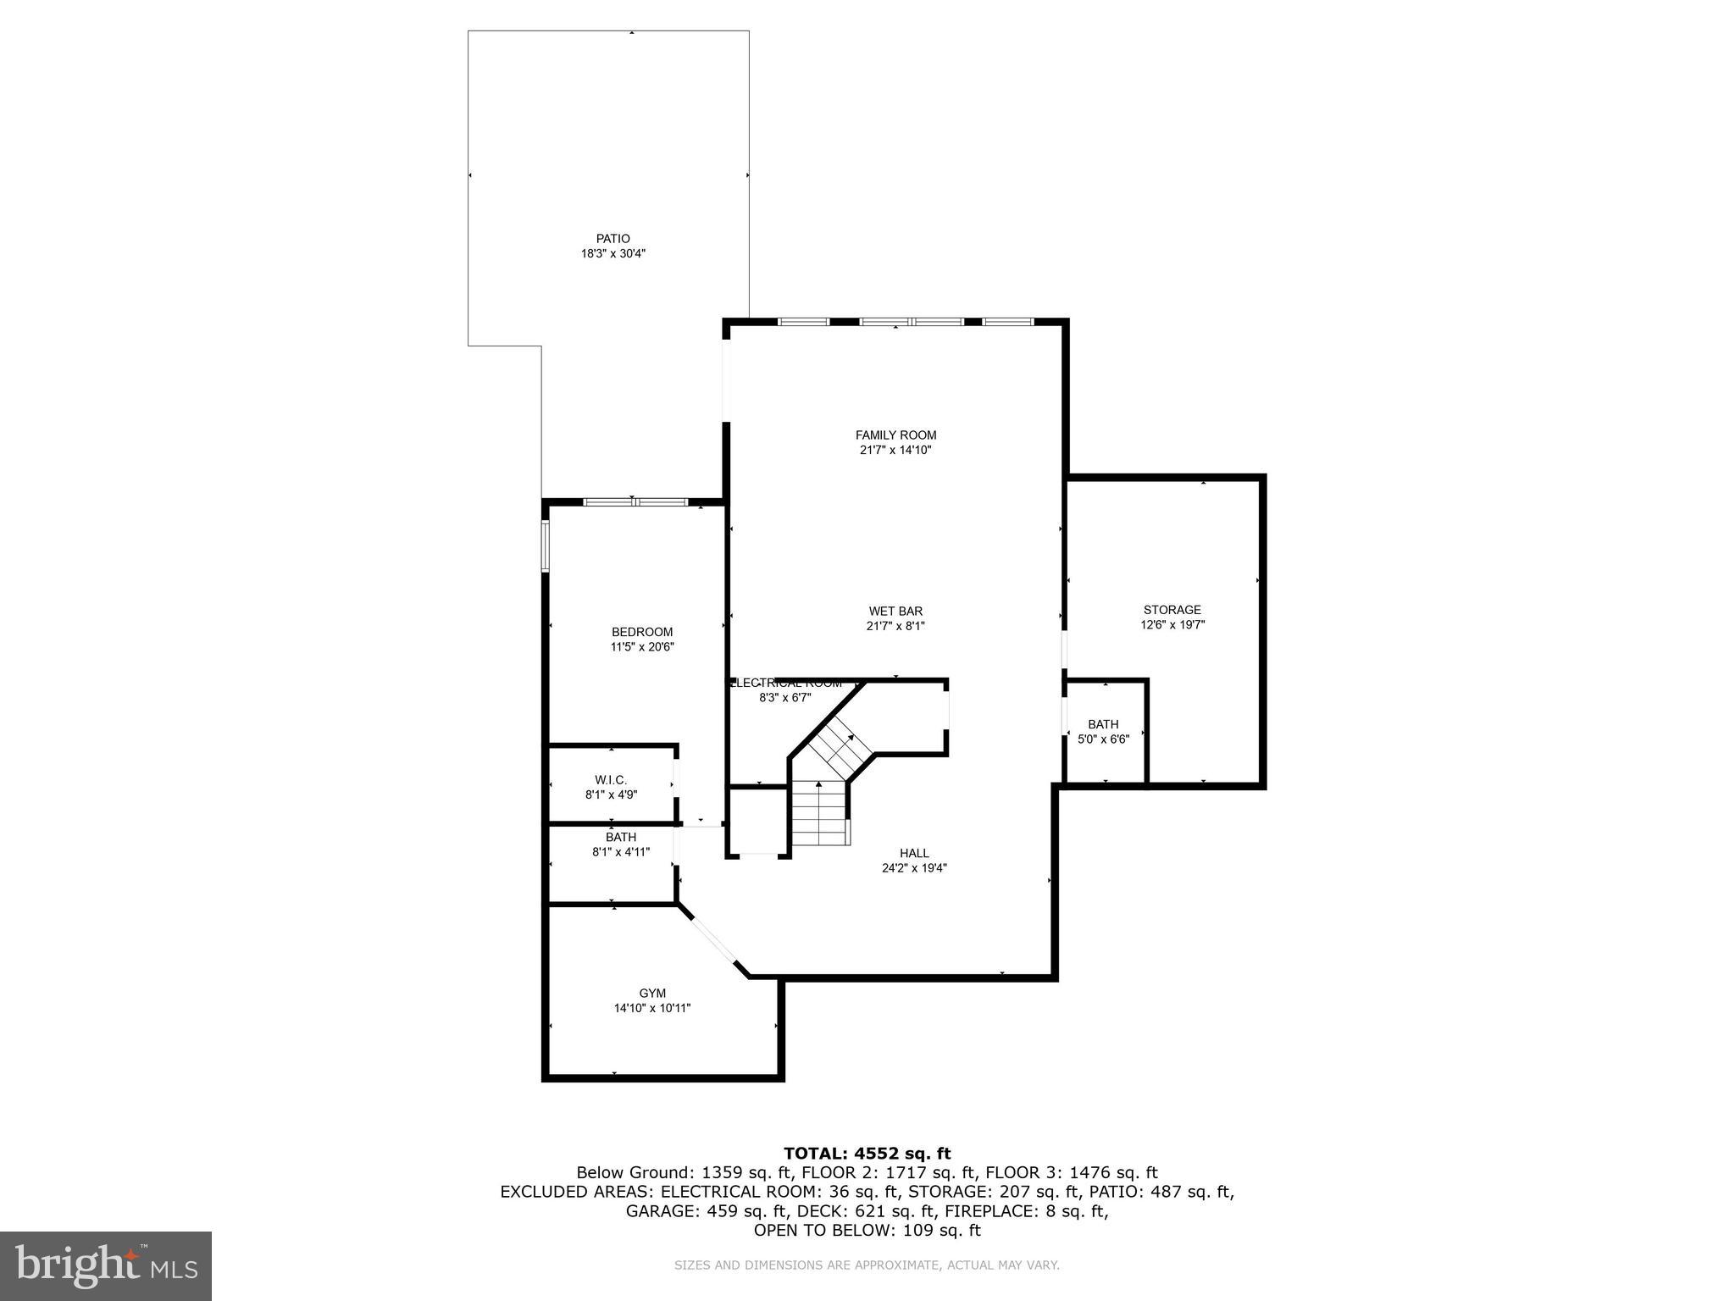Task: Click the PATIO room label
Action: coord(613,239)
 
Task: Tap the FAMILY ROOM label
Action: coord(895,435)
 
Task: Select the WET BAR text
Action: coord(895,611)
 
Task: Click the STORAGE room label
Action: coord(1172,610)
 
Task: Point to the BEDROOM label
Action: coord(642,632)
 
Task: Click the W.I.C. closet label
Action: coord(611,780)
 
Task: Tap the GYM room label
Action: coord(652,994)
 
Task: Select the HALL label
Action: coord(914,853)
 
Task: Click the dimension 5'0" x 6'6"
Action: coord(1103,739)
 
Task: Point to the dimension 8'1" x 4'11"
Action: coord(621,852)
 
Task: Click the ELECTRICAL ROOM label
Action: coord(786,683)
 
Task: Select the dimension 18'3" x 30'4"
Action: coord(613,253)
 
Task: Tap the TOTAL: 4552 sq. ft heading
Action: coord(867,1153)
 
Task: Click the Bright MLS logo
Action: coord(106,1265)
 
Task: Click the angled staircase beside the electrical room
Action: coord(839,745)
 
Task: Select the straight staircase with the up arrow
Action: coord(819,814)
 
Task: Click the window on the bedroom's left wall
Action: coord(546,546)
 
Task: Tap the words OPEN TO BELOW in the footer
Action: coord(816,1230)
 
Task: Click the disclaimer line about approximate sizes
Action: coord(867,1265)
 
